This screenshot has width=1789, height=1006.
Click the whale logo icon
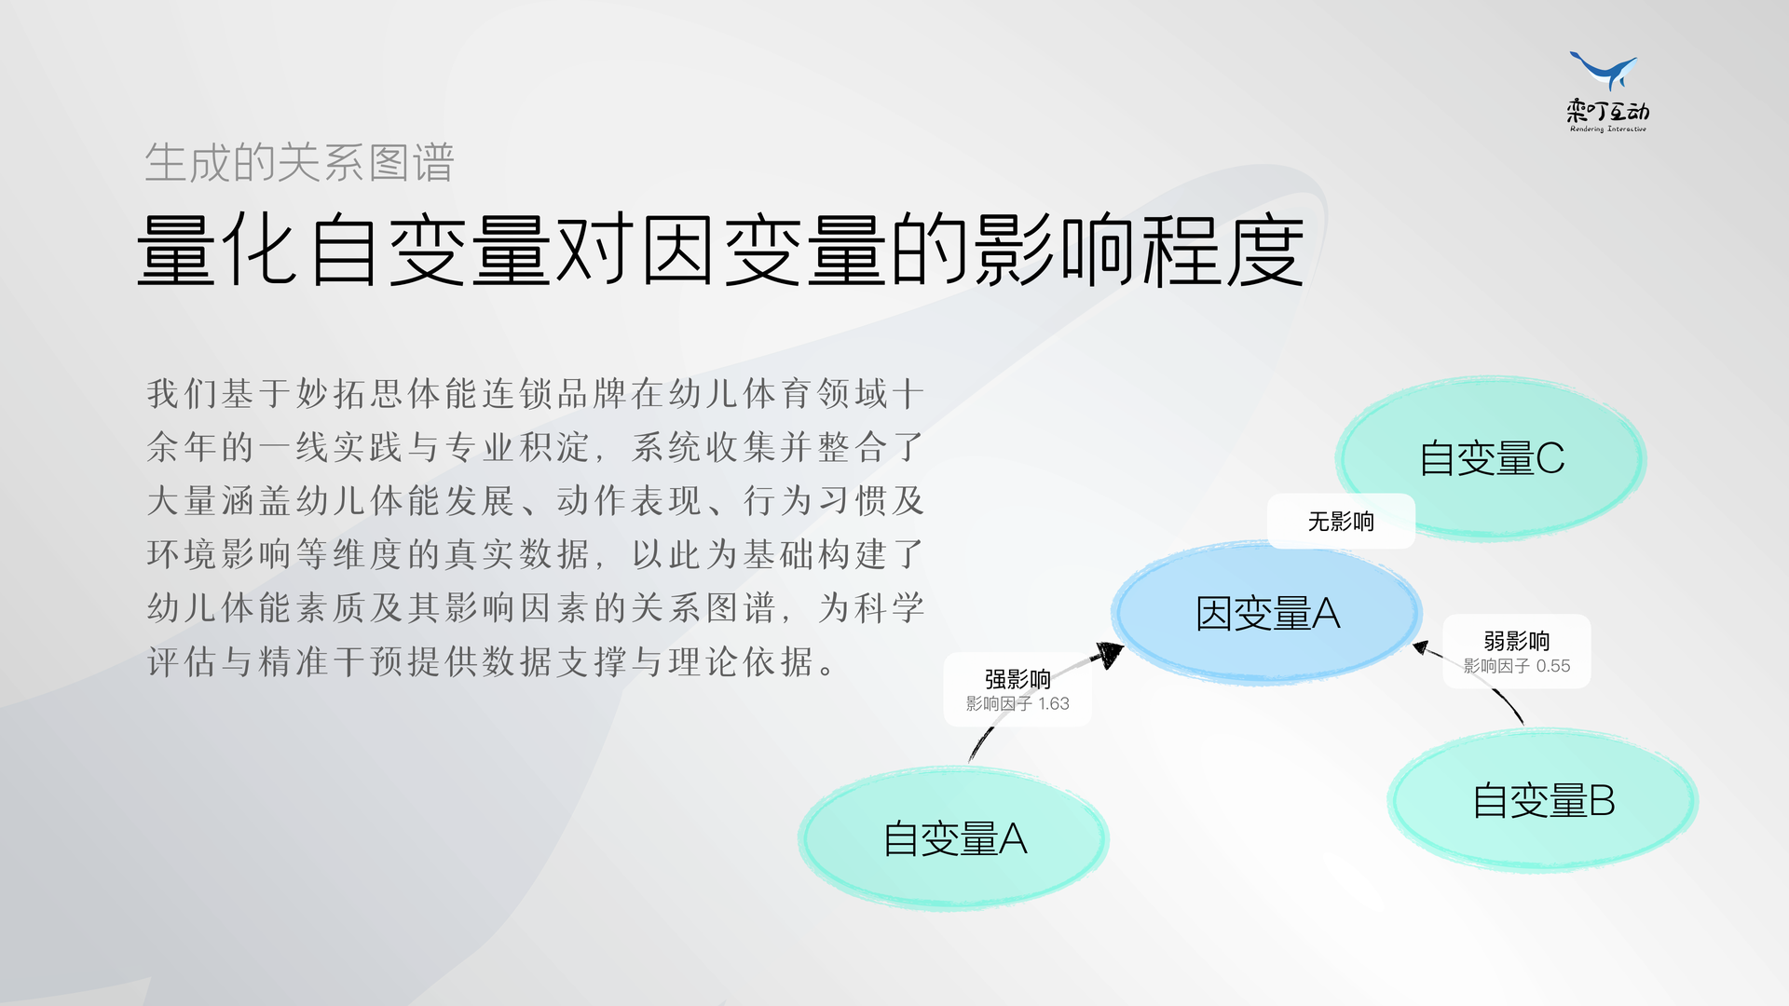[x=1604, y=71]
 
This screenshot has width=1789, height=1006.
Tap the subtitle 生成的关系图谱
[x=299, y=163]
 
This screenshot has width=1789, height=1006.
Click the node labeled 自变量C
[x=1491, y=458]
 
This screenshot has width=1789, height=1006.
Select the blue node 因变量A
[x=1267, y=614]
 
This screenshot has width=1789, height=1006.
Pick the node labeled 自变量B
[x=1543, y=801]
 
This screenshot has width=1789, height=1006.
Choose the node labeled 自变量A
[x=954, y=838]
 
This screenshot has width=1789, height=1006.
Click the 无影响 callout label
[x=1341, y=522]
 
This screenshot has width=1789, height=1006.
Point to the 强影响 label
[x=1017, y=679]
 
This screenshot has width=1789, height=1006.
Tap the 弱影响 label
[x=1517, y=641]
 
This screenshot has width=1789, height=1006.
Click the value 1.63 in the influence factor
[x=1054, y=704]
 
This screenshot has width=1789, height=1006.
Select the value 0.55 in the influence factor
[x=1553, y=666]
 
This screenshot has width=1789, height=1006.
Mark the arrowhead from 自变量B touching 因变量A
[x=1422, y=647]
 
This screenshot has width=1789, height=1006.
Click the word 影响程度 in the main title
[x=1139, y=250]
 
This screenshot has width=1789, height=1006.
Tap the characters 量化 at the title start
[x=218, y=250]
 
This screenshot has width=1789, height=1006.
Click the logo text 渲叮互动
[x=1608, y=112]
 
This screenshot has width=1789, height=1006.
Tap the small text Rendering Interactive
[x=1608, y=129]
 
